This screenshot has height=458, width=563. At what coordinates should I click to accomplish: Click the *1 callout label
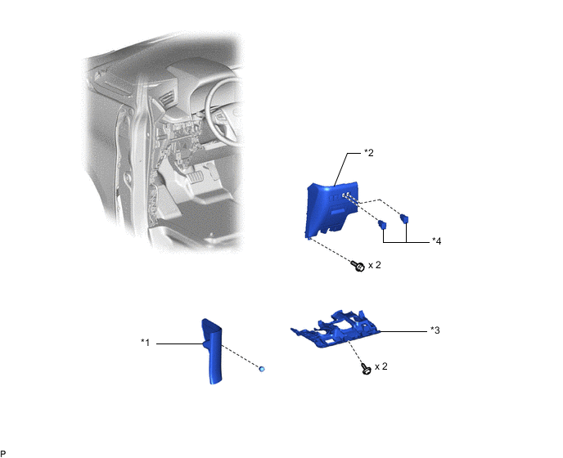(144, 343)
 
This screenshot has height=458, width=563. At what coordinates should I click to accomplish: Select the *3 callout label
(435, 331)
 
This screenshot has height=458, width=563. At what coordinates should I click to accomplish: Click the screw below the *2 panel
(358, 267)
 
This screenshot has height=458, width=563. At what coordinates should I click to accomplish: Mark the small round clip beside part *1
(262, 369)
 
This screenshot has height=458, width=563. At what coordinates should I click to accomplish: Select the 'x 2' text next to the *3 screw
(381, 366)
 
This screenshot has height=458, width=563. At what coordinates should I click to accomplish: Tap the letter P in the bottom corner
(3, 452)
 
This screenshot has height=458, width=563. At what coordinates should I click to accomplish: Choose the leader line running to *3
(404, 331)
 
